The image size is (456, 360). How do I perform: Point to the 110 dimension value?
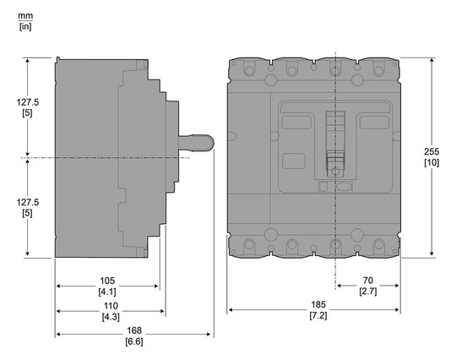tap(111, 305)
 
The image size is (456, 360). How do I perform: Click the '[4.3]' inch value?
tap(111, 316)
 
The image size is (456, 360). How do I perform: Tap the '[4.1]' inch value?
tap(107, 292)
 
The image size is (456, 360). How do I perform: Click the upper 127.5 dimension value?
tap(28, 101)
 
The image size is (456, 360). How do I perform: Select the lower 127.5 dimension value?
tap(28, 204)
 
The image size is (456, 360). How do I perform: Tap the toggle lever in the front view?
tap(335, 139)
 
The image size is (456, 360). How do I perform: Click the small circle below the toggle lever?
tap(336, 172)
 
